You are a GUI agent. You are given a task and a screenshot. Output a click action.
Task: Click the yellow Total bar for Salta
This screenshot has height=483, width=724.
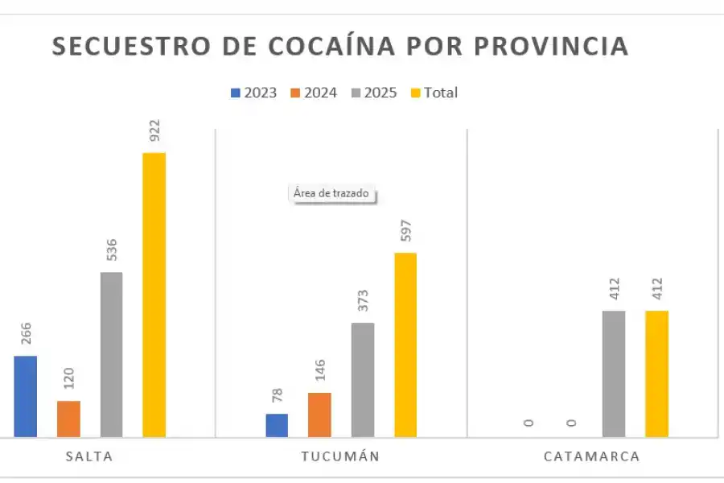(x=154, y=295)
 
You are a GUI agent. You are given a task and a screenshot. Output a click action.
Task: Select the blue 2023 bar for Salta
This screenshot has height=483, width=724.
(x=25, y=396)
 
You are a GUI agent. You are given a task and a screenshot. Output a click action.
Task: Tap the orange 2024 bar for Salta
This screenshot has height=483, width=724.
(x=68, y=419)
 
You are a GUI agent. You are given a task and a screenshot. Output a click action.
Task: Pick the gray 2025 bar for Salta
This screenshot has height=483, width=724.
(x=111, y=354)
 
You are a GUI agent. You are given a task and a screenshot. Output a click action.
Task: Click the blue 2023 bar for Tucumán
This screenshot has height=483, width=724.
(x=277, y=425)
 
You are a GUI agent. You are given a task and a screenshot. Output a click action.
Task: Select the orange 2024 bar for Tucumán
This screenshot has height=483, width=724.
(x=319, y=415)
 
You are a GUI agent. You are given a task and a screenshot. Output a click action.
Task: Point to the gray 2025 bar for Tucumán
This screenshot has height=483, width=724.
(x=363, y=380)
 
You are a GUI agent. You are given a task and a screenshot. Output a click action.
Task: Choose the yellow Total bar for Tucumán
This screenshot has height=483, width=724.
(x=405, y=345)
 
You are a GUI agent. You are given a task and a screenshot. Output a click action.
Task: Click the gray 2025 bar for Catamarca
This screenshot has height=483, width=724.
(x=614, y=374)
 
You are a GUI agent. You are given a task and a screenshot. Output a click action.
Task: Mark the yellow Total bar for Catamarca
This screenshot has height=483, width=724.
(x=656, y=374)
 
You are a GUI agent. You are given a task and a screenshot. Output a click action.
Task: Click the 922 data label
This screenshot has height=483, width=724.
(x=154, y=130)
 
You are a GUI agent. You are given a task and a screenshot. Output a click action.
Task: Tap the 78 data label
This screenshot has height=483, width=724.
(x=277, y=396)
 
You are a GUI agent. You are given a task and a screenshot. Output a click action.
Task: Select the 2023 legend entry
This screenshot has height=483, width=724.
(x=253, y=93)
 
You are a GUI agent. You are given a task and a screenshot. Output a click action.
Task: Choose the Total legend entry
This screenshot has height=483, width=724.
(x=434, y=93)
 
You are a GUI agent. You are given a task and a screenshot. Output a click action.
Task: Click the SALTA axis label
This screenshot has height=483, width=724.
(x=89, y=456)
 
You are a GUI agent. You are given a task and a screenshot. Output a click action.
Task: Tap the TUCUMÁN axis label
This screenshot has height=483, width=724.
(x=340, y=456)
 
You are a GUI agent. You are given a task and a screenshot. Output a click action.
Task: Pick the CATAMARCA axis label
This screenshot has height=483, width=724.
(x=591, y=456)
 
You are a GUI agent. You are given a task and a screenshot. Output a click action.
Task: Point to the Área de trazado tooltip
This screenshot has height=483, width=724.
(x=331, y=194)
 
